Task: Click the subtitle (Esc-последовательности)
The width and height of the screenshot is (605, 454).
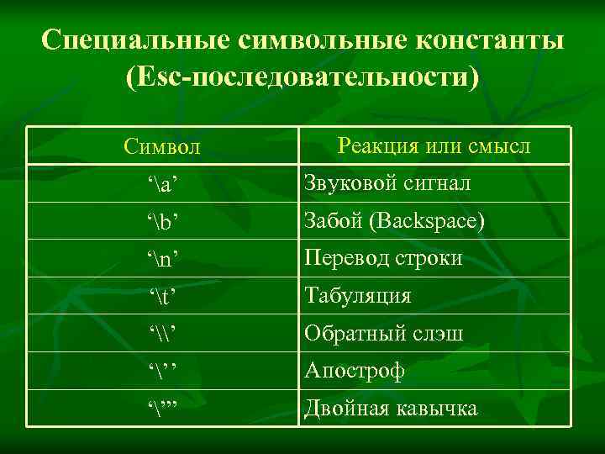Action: [302, 79]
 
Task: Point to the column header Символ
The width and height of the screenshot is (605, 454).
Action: [162, 148]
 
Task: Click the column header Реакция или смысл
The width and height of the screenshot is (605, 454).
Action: [434, 145]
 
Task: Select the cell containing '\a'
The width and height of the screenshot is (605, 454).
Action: [163, 185]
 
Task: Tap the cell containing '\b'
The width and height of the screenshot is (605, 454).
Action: [163, 222]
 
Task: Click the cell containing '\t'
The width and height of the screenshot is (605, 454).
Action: [163, 296]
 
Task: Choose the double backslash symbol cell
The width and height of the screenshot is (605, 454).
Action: [163, 334]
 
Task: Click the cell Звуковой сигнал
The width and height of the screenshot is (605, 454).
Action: [387, 183]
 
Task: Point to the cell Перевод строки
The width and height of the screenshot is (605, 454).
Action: [383, 258]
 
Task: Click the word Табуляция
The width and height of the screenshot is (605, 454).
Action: [358, 296]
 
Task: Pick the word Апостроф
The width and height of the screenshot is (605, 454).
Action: [355, 371]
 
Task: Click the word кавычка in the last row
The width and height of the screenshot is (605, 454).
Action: [437, 409]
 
